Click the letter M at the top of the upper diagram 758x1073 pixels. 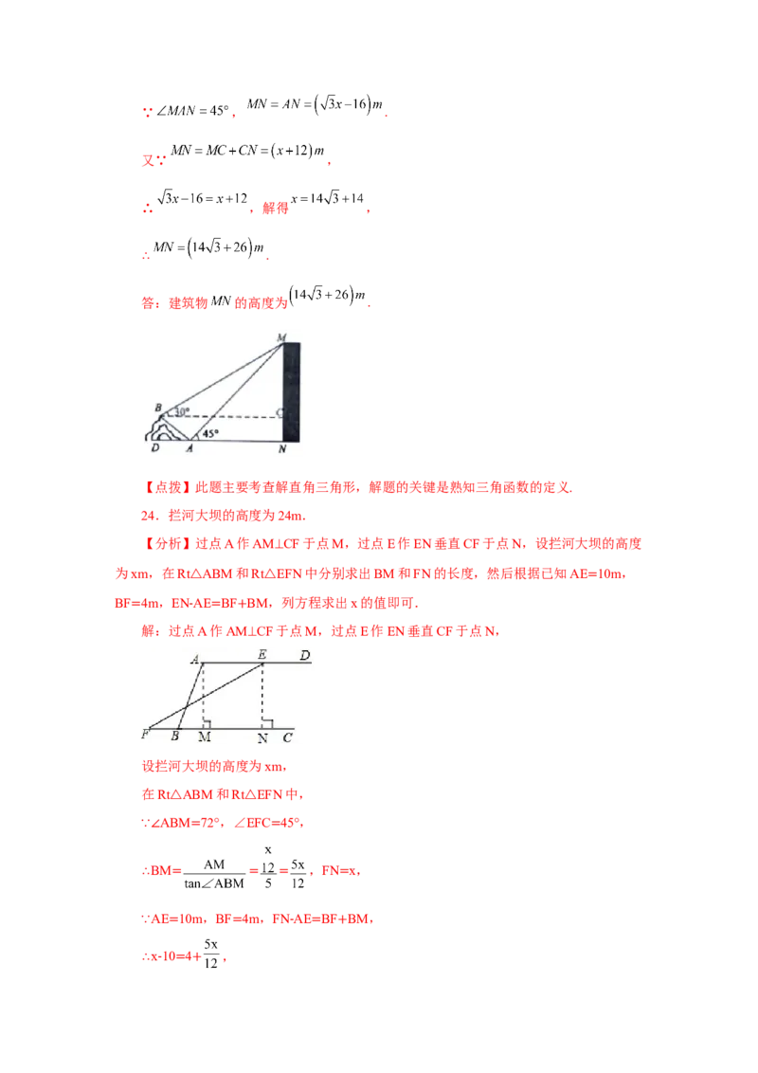(x=280, y=336)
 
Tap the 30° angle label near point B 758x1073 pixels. (x=180, y=412)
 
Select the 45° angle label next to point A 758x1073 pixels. (x=209, y=433)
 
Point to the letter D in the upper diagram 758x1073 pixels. (x=154, y=448)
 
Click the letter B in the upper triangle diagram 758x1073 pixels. (x=157, y=408)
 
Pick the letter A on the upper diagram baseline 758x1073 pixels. (x=189, y=448)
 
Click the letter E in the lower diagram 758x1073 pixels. (x=262, y=654)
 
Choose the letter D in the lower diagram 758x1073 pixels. (x=304, y=655)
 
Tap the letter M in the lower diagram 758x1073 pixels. (x=204, y=737)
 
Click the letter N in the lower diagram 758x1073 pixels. (x=262, y=737)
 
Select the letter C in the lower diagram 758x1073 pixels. (x=287, y=737)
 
